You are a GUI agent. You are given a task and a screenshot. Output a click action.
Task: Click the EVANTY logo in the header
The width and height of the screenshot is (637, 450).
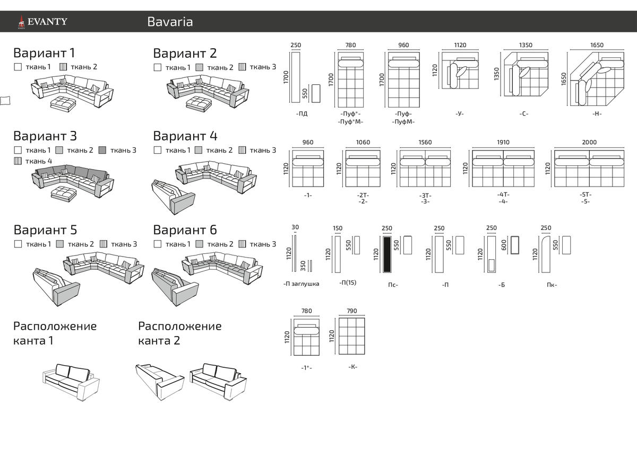[42, 22]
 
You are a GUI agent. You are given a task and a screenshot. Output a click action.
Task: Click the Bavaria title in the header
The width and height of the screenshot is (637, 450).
[170, 22]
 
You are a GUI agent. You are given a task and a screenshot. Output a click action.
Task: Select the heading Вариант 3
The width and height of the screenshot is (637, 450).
[45, 136]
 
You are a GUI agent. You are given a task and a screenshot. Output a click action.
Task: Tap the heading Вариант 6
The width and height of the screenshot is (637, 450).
[185, 230]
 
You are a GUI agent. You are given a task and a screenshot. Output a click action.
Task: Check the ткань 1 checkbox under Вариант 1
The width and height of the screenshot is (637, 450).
[18, 67]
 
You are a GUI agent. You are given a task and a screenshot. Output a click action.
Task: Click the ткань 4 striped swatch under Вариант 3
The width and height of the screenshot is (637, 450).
[18, 161]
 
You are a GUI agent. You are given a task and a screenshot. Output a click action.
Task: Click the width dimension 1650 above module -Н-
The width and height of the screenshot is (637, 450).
[597, 45]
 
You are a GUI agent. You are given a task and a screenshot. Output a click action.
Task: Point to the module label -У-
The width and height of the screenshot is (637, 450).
[460, 113]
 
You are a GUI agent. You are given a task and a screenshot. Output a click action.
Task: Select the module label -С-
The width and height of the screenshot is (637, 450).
[524, 113]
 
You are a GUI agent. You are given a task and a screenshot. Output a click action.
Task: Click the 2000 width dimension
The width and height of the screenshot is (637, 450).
[589, 142]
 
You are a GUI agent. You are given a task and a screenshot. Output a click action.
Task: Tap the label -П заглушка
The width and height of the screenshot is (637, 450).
[302, 284]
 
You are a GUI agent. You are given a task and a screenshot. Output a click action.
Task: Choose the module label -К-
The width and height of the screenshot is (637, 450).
[352, 366]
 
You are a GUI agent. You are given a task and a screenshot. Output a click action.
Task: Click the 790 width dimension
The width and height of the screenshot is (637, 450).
[351, 311]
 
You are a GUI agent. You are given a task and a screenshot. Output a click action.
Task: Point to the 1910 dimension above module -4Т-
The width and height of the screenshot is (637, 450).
[503, 142]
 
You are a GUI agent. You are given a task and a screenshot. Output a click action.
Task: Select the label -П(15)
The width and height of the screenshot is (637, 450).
[348, 283]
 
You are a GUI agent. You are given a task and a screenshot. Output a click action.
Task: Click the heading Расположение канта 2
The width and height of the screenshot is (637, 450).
[179, 333]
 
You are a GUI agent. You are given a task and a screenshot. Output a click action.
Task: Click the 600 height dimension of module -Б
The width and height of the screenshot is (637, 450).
[504, 244]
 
